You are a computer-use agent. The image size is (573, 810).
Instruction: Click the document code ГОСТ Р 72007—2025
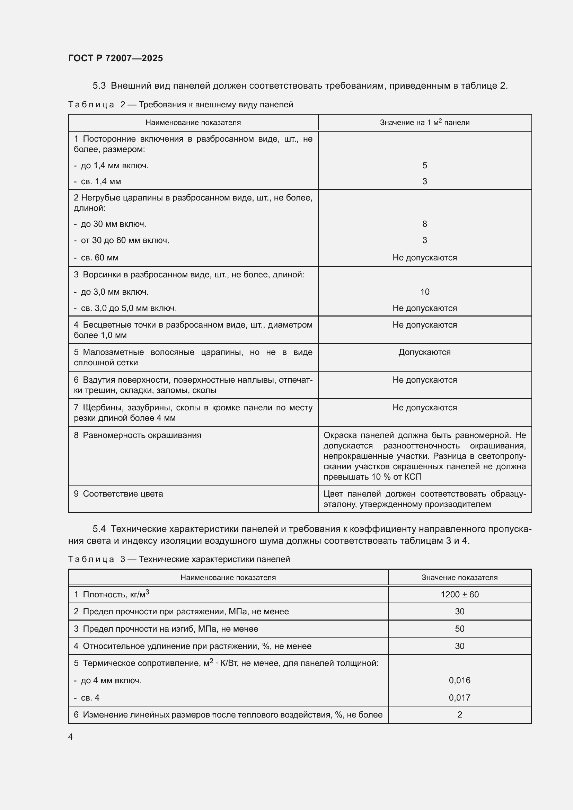click(x=115, y=58)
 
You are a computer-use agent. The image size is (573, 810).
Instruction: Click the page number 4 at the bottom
click(x=71, y=737)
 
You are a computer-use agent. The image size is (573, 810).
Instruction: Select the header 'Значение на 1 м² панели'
click(x=424, y=122)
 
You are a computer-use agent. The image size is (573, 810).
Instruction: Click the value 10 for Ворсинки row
click(x=424, y=292)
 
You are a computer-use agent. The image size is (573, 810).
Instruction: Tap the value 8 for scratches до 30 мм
click(x=424, y=224)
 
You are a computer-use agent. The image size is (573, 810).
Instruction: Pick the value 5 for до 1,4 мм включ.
click(x=424, y=166)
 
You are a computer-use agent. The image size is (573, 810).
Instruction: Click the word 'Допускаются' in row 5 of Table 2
click(x=424, y=352)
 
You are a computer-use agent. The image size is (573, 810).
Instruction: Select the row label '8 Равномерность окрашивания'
click(x=138, y=435)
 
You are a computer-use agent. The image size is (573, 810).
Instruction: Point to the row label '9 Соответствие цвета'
click(x=118, y=493)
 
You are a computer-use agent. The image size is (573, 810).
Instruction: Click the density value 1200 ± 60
click(x=459, y=595)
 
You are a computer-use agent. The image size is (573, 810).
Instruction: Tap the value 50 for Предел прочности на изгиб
click(x=459, y=629)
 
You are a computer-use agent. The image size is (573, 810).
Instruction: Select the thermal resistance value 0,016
click(x=459, y=680)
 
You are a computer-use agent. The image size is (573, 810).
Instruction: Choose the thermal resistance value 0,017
click(x=459, y=697)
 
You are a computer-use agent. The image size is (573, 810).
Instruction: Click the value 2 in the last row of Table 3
click(x=459, y=714)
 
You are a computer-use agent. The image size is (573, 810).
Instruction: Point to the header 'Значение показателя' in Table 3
click(x=459, y=578)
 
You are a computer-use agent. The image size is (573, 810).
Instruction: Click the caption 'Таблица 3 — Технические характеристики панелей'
click(x=179, y=559)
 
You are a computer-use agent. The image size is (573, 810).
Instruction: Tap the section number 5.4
click(x=99, y=529)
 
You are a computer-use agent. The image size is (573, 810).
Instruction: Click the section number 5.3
click(x=99, y=86)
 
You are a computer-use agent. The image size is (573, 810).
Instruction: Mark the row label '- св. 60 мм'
click(x=96, y=258)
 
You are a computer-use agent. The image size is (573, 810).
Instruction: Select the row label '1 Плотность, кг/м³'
click(x=112, y=595)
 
